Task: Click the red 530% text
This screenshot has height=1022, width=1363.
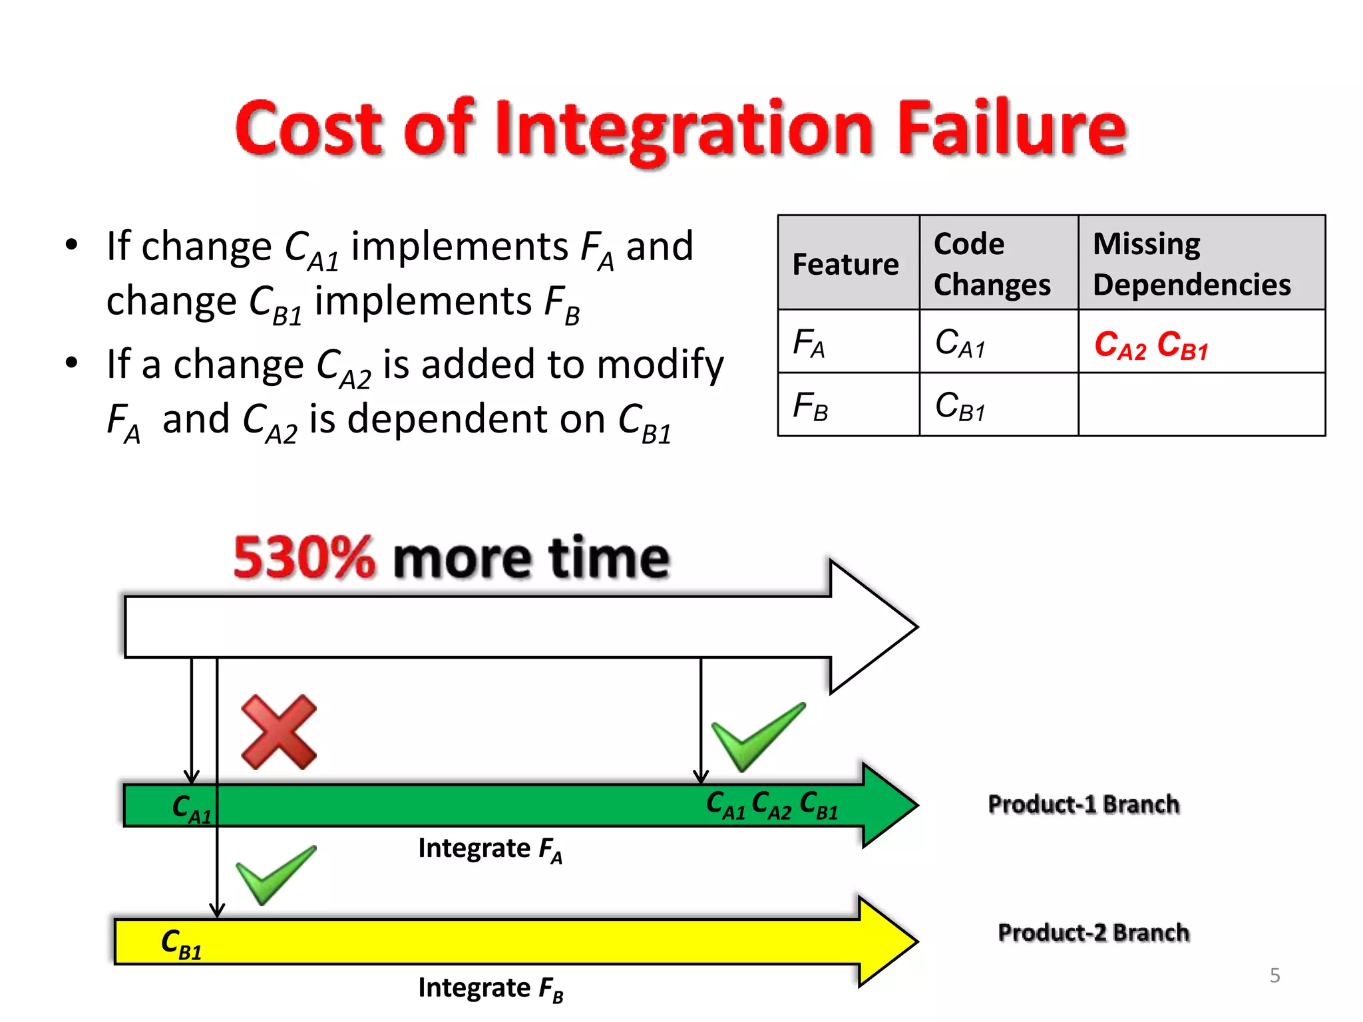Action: point(304,558)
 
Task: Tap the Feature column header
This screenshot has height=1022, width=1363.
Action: point(845,264)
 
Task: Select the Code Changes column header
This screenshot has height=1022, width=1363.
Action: point(992,264)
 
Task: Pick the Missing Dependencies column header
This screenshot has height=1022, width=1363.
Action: point(1191,264)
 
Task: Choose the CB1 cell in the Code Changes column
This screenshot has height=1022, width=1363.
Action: point(960,406)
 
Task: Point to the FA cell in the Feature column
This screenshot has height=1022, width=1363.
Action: point(809,344)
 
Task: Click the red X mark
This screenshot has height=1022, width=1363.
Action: point(279,732)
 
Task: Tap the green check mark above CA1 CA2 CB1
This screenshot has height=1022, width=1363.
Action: point(757,737)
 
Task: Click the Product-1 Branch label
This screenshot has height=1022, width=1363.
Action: point(1083,804)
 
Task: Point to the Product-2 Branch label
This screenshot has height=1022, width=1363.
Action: point(1093,933)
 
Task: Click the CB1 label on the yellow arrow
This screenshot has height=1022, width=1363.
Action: point(181,944)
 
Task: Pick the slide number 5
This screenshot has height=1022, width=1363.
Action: point(1274,975)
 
